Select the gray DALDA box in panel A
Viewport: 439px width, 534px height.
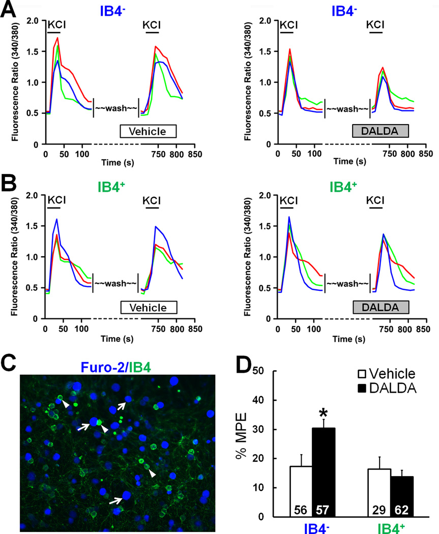[x=381, y=131]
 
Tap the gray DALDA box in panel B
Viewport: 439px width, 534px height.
[x=381, y=308]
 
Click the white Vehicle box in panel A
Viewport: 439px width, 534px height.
[x=148, y=131]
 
